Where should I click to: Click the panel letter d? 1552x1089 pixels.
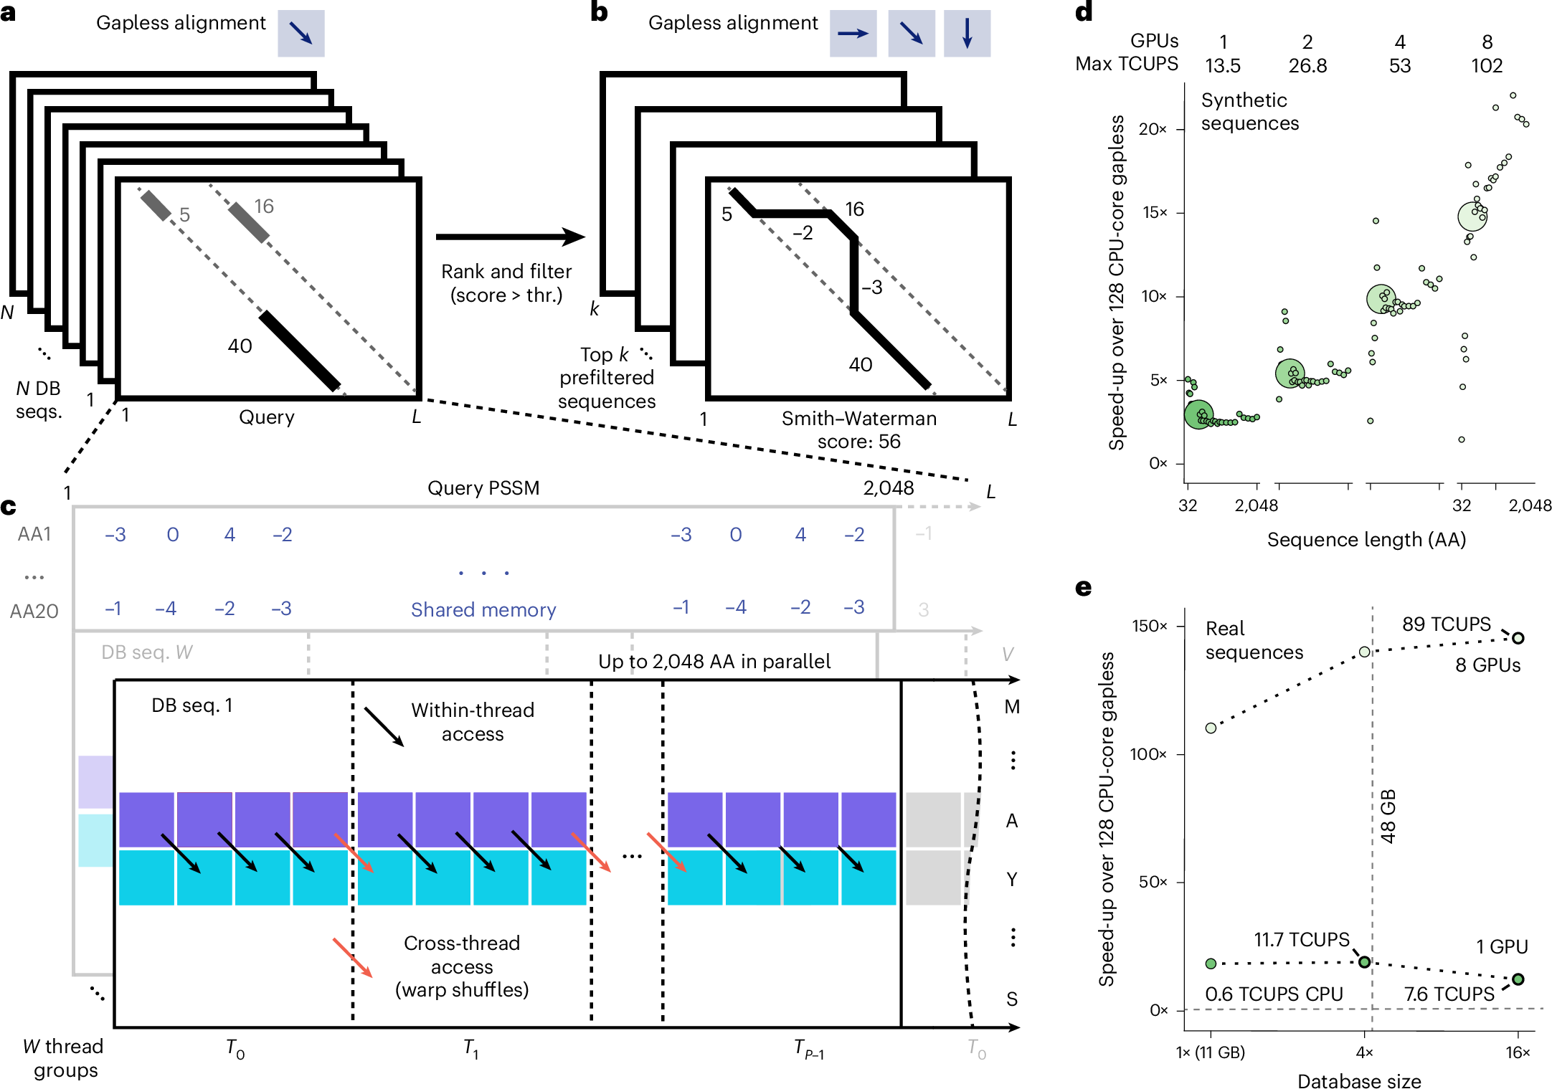pos(1084,12)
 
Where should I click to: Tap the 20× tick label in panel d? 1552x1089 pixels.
pos(1153,130)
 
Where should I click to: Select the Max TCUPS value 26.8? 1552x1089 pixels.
pos(1307,66)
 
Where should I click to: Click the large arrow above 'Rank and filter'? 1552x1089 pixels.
pos(510,237)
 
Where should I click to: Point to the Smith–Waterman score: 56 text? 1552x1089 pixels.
pos(858,429)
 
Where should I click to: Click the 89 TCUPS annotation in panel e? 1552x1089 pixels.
pos(1446,624)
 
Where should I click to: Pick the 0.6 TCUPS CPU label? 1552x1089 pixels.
pos(1274,994)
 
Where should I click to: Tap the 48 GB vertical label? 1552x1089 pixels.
pos(1388,817)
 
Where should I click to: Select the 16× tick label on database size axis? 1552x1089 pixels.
pos(1518,1052)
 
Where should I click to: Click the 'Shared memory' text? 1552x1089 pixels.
pos(483,610)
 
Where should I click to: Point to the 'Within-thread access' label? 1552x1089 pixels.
pos(473,722)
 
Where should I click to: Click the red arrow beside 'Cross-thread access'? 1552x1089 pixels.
pos(352,957)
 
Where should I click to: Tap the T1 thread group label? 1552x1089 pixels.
pos(470,1049)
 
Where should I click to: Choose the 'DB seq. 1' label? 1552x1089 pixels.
pos(192,705)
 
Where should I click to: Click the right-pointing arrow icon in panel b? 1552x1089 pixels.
pos(853,34)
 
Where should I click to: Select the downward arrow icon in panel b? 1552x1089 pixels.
pos(967,34)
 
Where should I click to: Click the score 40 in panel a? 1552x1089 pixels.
pos(240,346)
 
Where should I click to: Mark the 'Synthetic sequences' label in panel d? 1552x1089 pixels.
pos(1249,112)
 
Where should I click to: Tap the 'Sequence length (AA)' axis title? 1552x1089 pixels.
pos(1366,540)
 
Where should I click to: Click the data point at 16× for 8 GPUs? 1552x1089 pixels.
pos(1518,638)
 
